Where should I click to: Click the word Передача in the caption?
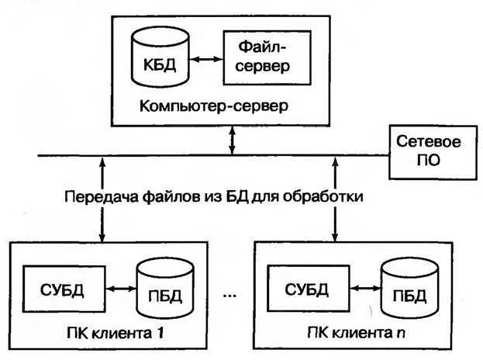tap(93, 196)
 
